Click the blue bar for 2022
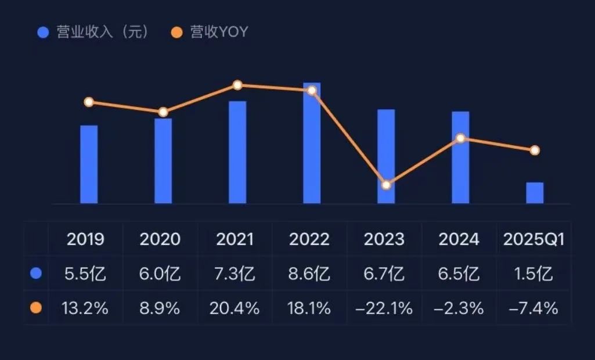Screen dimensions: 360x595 312,145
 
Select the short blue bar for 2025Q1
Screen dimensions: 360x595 535,193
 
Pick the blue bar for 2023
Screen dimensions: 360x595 386,157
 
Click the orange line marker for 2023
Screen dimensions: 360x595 386,185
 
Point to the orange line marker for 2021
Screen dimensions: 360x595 237,85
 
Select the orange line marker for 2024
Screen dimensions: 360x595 460,138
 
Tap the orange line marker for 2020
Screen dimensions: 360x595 163,112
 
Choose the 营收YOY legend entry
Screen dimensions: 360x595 212,32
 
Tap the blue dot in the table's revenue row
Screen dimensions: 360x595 36,273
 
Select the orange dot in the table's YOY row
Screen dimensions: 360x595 36,308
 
